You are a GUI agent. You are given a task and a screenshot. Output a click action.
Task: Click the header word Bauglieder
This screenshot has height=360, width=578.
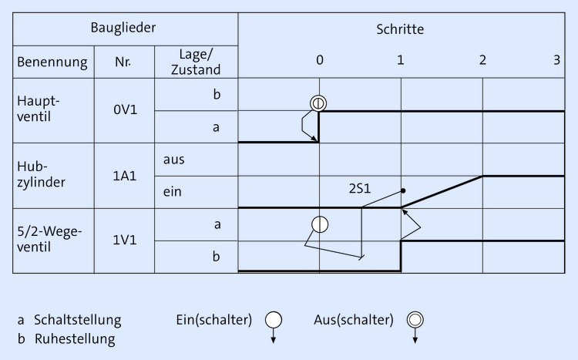[x=125, y=29]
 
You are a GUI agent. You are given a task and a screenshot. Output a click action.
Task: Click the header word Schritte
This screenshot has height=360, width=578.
[x=400, y=29]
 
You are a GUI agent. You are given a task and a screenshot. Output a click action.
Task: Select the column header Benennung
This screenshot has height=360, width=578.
[x=52, y=62]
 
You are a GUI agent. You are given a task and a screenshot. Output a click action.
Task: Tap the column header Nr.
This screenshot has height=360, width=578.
[x=124, y=62]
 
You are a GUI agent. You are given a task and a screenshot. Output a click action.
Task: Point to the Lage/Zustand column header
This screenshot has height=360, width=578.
[x=196, y=62]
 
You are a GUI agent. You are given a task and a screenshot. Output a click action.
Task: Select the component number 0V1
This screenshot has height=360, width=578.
[x=125, y=111]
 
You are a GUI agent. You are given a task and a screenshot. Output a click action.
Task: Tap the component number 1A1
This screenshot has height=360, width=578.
[x=125, y=176]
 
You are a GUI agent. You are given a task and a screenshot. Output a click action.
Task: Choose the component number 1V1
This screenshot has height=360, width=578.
[x=125, y=240]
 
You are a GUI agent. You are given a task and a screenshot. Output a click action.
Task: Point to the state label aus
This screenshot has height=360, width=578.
[x=173, y=160]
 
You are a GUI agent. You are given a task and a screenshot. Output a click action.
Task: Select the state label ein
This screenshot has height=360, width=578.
[x=173, y=192]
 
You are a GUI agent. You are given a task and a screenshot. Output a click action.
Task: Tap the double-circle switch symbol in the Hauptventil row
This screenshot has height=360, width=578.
[x=318, y=103]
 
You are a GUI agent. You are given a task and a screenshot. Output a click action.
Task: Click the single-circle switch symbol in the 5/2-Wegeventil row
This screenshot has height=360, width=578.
[x=320, y=224]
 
